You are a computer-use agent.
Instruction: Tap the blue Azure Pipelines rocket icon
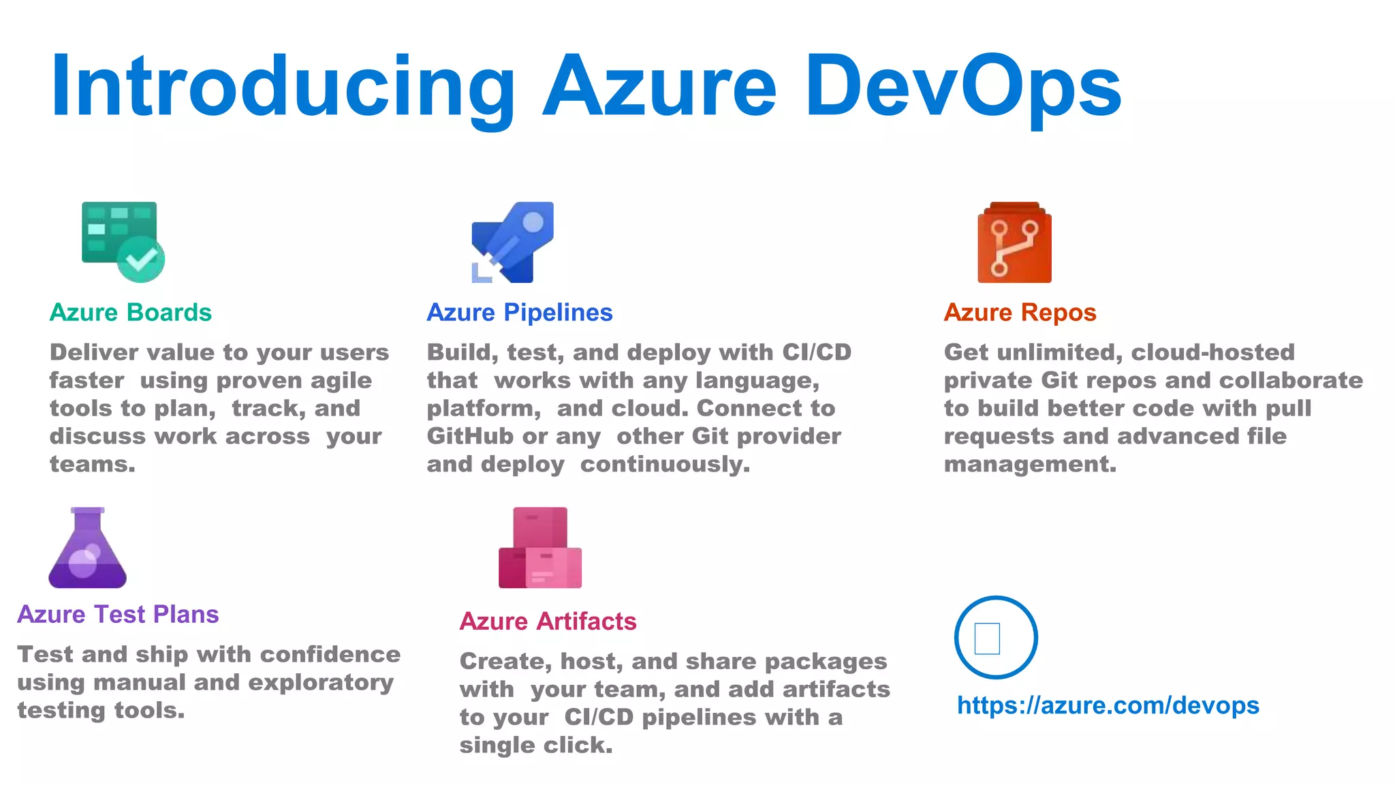(x=512, y=241)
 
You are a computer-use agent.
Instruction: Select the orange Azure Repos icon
(x=1014, y=243)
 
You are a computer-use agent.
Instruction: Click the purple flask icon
(x=88, y=548)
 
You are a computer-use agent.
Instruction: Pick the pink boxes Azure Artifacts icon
(x=540, y=548)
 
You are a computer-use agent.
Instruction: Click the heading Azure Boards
(x=131, y=313)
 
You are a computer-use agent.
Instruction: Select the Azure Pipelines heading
(x=520, y=313)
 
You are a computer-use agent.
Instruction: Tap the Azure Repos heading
(x=1020, y=313)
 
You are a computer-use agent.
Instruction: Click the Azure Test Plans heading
(x=118, y=615)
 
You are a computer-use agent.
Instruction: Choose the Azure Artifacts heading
(x=548, y=621)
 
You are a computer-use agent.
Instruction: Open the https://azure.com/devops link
(x=1108, y=705)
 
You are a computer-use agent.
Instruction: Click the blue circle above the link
(x=996, y=638)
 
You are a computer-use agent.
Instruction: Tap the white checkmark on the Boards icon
(x=141, y=260)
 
